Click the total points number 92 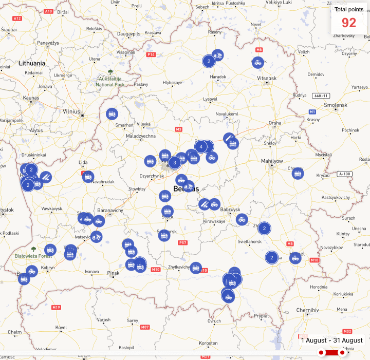coord(348,23)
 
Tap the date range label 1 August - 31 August coord(331,340)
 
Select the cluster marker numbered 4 coord(201,147)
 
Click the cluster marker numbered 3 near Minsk coord(174,163)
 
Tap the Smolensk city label coord(336,105)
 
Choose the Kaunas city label coord(31,98)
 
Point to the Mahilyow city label coord(272,161)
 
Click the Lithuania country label coord(32,63)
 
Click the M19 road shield coord(56,307)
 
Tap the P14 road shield coord(151,54)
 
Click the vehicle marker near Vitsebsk coord(258,62)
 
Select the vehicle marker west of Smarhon coord(112,114)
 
